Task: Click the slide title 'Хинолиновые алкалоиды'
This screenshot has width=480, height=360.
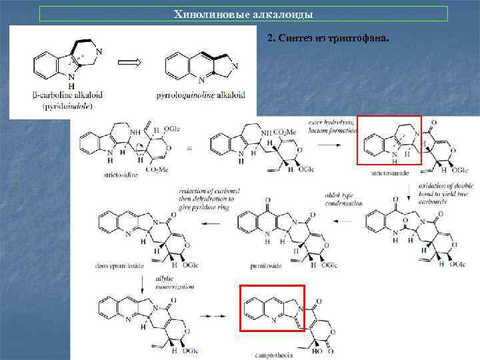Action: point(243,14)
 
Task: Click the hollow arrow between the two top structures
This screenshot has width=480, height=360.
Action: point(131,63)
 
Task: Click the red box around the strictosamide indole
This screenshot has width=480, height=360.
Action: point(389,139)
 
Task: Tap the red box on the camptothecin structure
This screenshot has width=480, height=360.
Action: point(271,308)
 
